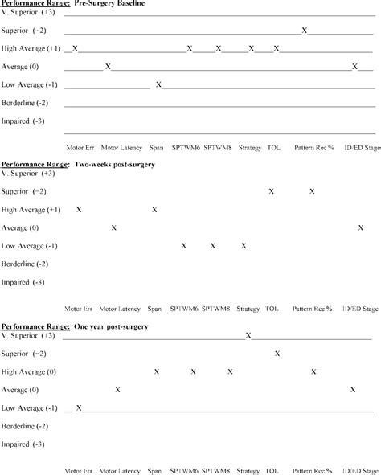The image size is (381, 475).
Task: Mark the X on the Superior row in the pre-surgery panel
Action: coord(305,31)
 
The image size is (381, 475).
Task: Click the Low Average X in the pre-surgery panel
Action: coord(158,84)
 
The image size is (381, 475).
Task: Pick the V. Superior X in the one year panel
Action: coord(248,335)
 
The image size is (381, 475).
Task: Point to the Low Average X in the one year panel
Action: coord(79,408)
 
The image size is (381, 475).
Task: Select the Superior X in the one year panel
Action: coord(277,353)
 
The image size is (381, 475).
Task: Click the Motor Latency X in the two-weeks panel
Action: coord(114,227)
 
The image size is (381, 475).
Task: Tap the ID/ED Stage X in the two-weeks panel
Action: coord(360,227)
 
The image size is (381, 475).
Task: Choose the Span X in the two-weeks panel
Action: coord(154,210)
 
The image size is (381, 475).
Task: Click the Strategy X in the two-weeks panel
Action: coord(243,246)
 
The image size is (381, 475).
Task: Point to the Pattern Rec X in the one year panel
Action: coord(312,371)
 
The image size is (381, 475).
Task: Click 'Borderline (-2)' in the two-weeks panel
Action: coord(26,264)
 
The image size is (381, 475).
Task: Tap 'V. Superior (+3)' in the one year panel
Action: coord(29,335)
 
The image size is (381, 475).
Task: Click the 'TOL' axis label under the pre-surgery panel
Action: coord(274,148)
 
